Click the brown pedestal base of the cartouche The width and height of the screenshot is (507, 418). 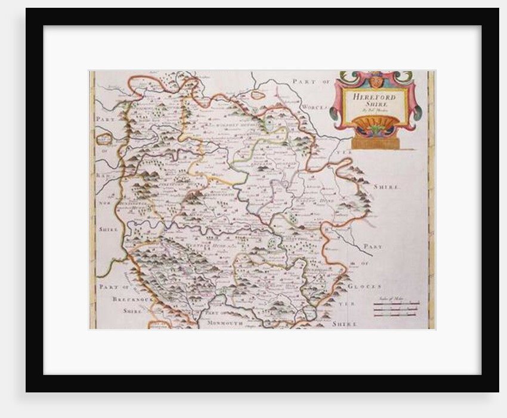click(375, 143)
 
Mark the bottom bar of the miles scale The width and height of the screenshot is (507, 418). click(397, 314)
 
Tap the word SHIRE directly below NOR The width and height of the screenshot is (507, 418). click(107, 229)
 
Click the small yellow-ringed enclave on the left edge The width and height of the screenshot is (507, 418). click(104, 139)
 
